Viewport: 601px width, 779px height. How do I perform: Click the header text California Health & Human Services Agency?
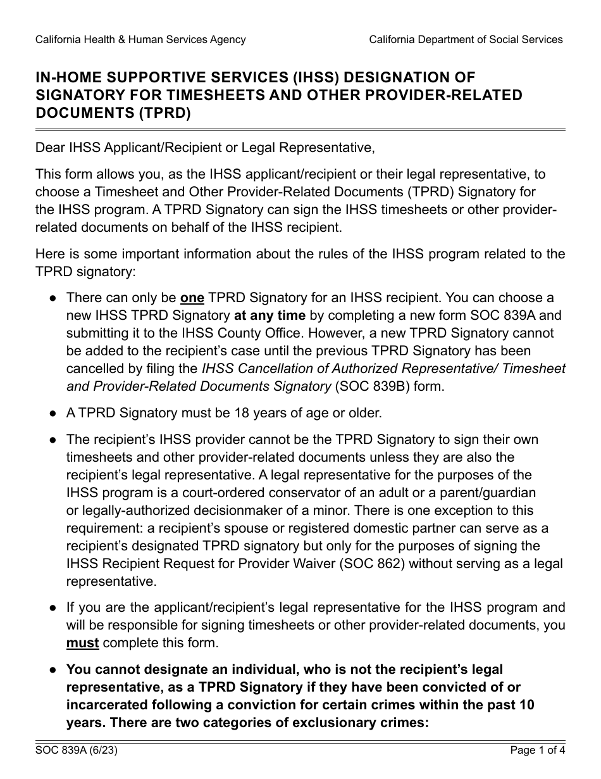[140, 39]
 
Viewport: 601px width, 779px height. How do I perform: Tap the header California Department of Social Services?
[466, 39]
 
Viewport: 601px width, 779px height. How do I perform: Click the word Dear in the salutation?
[49, 148]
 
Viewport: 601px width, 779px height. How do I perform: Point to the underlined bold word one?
[193, 298]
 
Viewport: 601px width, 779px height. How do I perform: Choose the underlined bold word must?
[82, 643]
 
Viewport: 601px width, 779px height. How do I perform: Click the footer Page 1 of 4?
[537, 751]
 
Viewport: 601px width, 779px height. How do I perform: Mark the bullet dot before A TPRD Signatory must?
[54, 414]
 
